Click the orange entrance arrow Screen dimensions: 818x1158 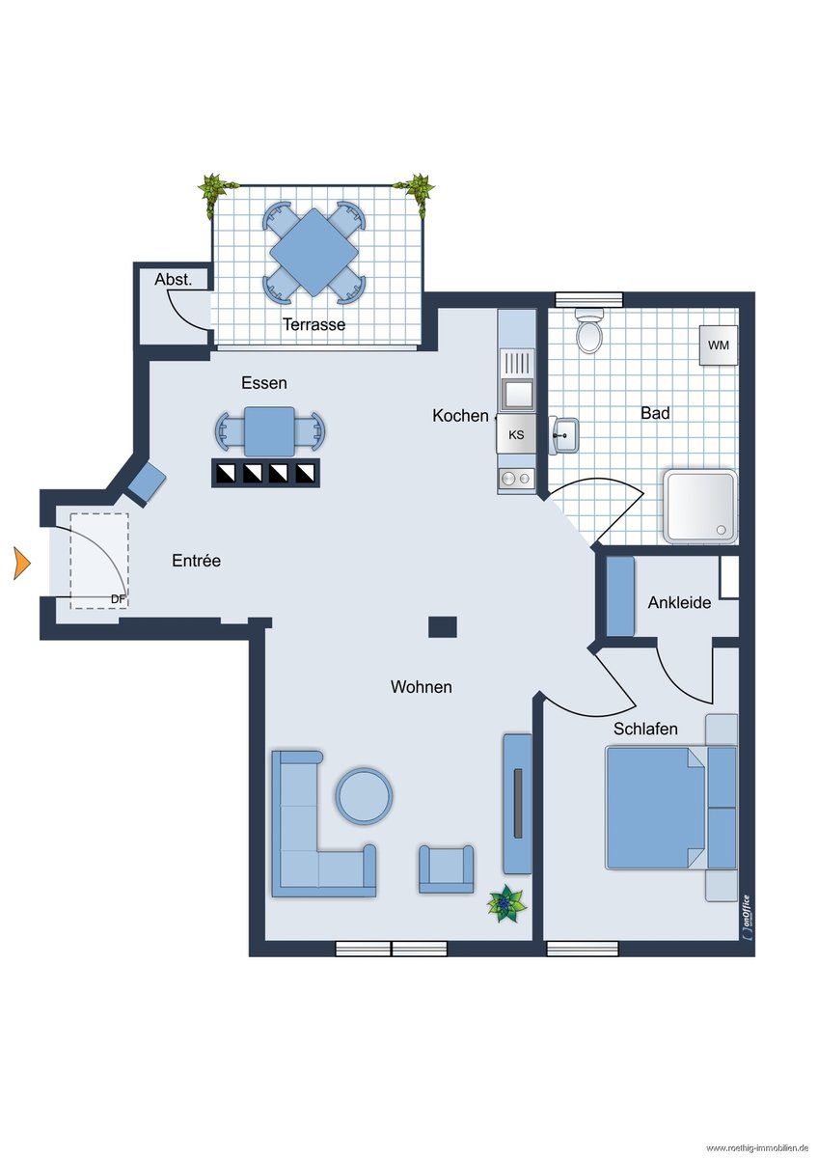click(22, 563)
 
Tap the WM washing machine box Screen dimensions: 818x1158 click(719, 345)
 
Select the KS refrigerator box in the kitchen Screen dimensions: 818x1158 click(516, 435)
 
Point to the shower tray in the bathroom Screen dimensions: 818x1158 click(700, 506)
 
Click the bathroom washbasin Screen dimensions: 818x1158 click(564, 435)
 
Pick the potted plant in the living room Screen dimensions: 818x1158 click(506, 903)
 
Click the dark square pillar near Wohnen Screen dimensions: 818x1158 click(443, 626)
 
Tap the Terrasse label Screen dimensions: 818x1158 click(314, 324)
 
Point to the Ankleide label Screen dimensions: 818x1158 click(679, 602)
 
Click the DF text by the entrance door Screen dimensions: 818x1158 click(119, 599)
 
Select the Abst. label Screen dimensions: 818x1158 click(173, 280)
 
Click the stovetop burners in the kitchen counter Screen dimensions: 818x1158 click(516, 479)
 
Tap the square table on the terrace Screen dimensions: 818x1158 click(314, 252)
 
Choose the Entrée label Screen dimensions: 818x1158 click(197, 561)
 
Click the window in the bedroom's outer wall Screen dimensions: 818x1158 click(583, 948)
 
